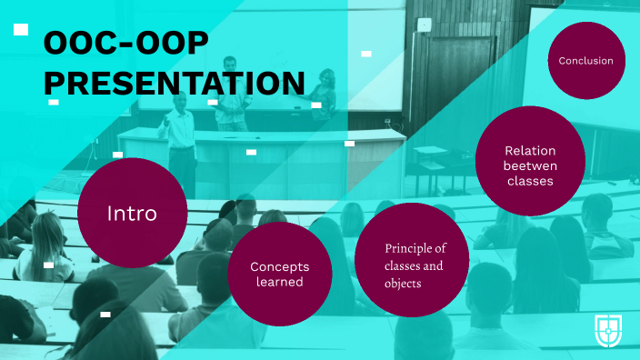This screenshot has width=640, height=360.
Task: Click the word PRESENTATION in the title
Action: (174, 83)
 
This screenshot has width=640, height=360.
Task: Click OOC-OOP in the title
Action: (125, 42)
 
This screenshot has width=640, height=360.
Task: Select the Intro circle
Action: (133, 213)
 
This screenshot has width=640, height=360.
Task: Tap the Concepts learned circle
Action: (278, 275)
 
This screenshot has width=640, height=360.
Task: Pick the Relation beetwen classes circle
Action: (529, 165)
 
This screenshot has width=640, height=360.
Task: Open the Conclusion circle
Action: (585, 61)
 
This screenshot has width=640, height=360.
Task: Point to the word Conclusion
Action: (585, 61)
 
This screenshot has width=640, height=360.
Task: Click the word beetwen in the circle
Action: (530, 165)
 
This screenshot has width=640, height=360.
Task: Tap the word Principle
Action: (415, 248)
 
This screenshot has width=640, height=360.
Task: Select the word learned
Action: (279, 283)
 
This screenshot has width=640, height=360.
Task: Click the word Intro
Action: (133, 214)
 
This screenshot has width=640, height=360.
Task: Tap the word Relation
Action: (530, 150)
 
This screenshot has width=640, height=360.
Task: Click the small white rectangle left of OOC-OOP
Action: (21, 30)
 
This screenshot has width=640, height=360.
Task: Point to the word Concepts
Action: (279, 266)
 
